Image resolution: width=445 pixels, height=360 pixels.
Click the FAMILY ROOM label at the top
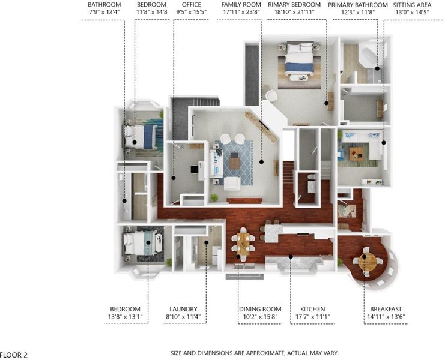click(x=241, y=5)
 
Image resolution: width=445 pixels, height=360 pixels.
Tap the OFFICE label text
click(x=192, y=5)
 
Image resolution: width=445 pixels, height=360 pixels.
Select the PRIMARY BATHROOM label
click(x=357, y=5)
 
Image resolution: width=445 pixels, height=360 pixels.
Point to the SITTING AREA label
click(x=412, y=5)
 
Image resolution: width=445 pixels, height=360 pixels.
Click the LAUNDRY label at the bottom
click(x=183, y=309)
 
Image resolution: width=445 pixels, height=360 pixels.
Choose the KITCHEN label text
click(x=312, y=309)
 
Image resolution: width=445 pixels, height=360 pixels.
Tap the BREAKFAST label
click(x=386, y=309)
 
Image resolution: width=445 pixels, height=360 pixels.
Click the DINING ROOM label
click(x=260, y=309)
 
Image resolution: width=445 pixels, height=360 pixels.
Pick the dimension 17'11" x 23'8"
click(x=241, y=12)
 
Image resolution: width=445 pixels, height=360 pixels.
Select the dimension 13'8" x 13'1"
click(x=125, y=317)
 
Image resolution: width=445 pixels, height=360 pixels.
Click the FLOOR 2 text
click(x=14, y=355)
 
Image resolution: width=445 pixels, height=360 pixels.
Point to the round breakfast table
click(x=368, y=262)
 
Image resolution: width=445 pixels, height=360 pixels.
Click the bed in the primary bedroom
click(x=300, y=59)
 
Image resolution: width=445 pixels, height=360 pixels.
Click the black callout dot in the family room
click(x=261, y=162)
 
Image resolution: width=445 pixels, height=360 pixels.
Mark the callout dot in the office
click(x=174, y=178)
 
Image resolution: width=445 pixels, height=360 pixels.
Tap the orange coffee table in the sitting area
click(x=356, y=154)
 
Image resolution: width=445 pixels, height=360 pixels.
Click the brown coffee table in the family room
click(x=234, y=161)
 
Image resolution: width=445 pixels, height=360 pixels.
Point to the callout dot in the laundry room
click(x=207, y=242)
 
